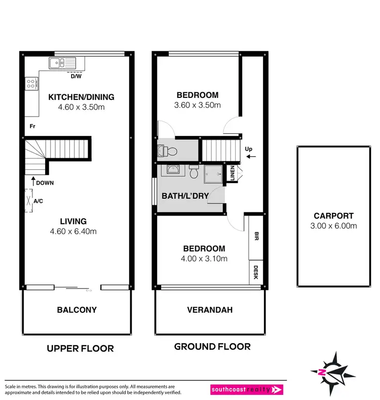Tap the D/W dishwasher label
pyautogui.click(x=75, y=77)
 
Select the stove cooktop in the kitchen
pyautogui.click(x=31, y=83)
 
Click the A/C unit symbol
pyautogui.click(x=28, y=201)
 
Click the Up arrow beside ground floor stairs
pyautogui.click(x=250, y=157)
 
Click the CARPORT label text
pyautogui.click(x=333, y=215)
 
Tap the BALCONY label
pyautogui.click(x=77, y=310)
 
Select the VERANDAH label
pyautogui.click(x=210, y=310)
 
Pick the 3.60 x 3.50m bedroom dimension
pyautogui.click(x=198, y=105)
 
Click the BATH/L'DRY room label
pyautogui.click(x=185, y=196)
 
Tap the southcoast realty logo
pyautogui.click(x=247, y=389)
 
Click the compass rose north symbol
pyautogui.click(x=332, y=373)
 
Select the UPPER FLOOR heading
pyautogui.click(x=80, y=348)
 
